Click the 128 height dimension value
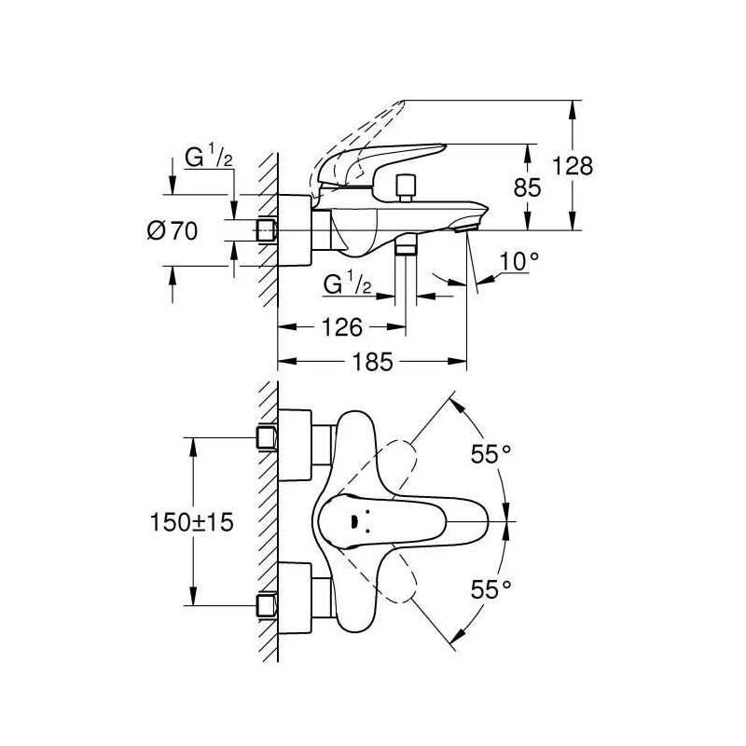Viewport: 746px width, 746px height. click(573, 166)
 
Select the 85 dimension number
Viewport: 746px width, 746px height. click(527, 187)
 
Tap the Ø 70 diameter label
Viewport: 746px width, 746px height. click(173, 230)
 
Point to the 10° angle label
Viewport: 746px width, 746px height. click(519, 261)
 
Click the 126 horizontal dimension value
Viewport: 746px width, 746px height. click(342, 327)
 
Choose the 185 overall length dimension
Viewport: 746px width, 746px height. click(372, 362)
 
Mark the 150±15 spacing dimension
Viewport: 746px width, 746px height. click(192, 522)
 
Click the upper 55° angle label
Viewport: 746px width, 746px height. click(490, 453)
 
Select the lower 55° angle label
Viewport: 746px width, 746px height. click(490, 589)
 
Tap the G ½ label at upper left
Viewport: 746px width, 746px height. click(208, 158)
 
